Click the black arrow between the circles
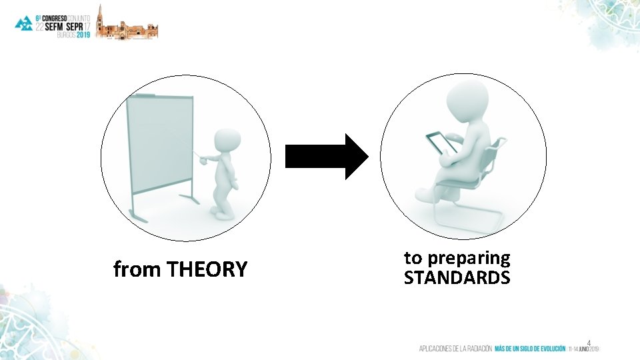click(326, 156)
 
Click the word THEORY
click(207, 270)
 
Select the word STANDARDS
click(457, 277)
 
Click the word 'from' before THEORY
click(137, 270)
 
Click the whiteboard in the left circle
click(160, 144)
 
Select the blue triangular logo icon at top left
click(24, 23)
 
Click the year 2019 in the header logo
click(83, 35)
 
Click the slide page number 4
click(588, 343)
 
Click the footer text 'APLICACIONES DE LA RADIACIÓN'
click(455, 349)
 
